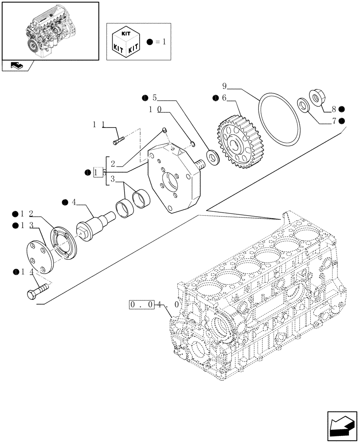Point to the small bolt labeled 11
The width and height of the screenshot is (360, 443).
(x=118, y=141)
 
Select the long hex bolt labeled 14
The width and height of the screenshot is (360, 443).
(x=39, y=291)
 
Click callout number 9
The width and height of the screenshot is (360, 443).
(x=225, y=85)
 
